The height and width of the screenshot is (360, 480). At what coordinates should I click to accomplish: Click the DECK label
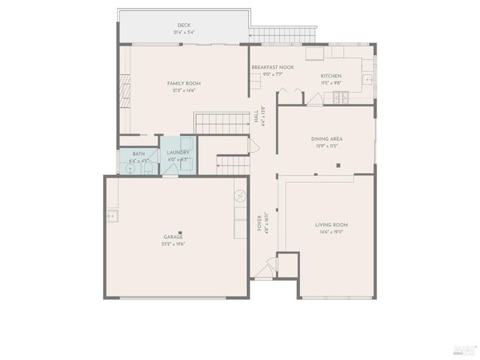click(x=184, y=25)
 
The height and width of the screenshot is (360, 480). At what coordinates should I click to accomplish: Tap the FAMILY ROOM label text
click(x=184, y=83)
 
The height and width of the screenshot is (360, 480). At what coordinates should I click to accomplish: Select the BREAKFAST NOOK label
click(x=272, y=67)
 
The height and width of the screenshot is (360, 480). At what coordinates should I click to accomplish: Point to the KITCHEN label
click(x=331, y=76)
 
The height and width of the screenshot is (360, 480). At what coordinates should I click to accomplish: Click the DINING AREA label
click(x=326, y=139)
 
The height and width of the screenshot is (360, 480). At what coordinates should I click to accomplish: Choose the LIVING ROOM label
click(x=331, y=225)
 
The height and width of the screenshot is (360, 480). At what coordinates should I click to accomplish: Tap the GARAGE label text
click(x=173, y=237)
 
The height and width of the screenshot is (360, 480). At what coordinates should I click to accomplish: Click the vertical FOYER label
click(x=259, y=223)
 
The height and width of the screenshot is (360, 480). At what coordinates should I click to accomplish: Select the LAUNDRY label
click(x=178, y=153)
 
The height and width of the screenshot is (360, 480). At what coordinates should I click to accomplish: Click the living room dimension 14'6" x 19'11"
click(x=331, y=232)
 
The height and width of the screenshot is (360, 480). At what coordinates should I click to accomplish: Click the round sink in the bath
click(x=129, y=169)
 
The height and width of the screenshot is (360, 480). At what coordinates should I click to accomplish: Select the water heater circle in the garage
click(x=240, y=197)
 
